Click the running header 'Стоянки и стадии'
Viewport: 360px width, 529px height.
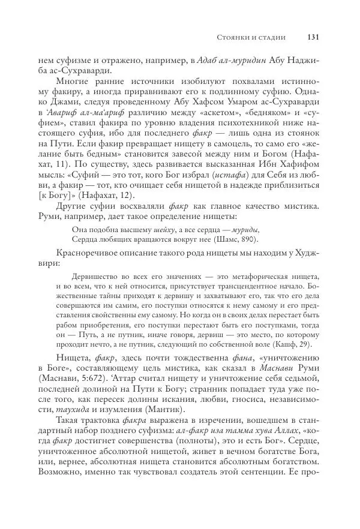pos(250,37)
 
